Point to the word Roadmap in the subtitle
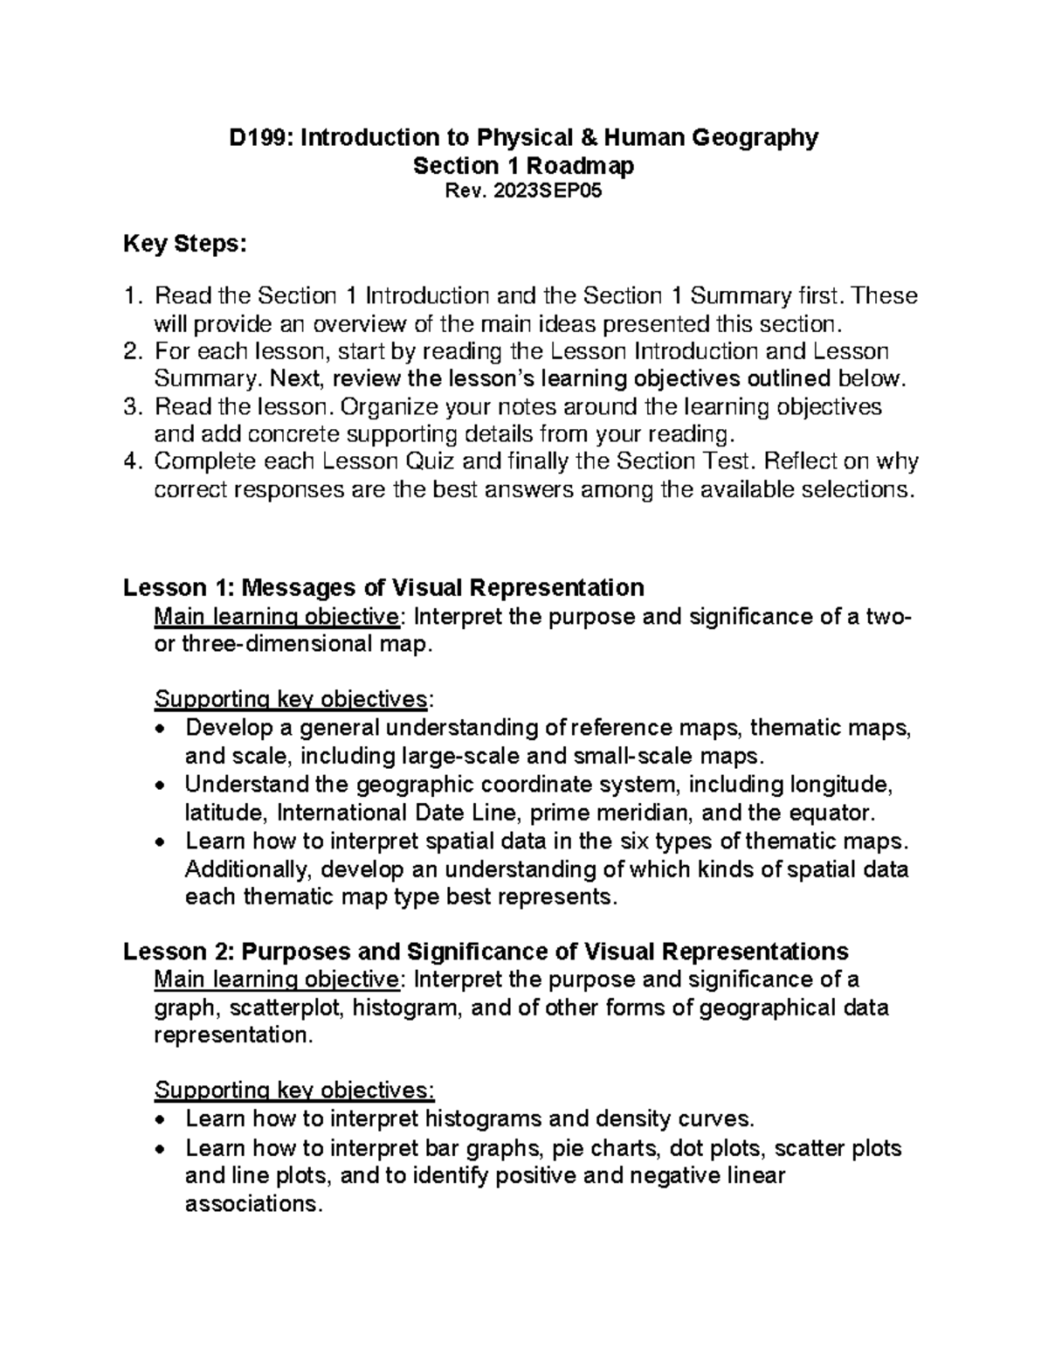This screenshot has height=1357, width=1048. (581, 166)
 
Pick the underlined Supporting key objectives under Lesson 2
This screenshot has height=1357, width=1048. (293, 1090)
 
